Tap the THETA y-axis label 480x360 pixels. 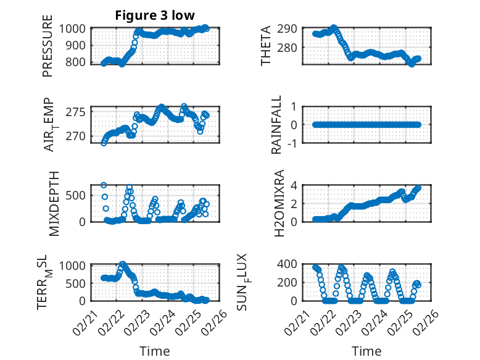[266, 46]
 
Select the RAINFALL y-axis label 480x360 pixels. [277, 125]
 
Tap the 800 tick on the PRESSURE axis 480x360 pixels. [79, 62]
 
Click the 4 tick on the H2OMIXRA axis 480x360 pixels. [296, 185]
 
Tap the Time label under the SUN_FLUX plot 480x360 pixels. [366, 351]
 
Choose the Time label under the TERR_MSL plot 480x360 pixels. [155, 351]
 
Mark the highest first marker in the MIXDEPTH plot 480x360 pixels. [104, 185]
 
